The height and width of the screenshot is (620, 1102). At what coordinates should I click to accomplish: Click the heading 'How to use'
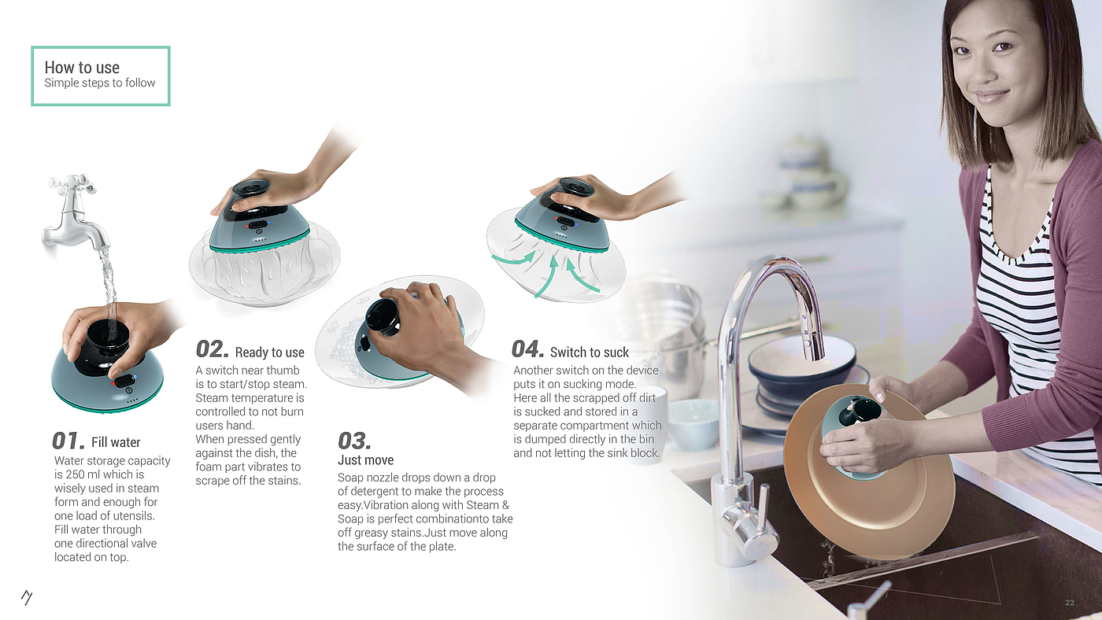click(x=82, y=68)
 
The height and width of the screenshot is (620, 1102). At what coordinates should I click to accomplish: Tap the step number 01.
click(x=68, y=441)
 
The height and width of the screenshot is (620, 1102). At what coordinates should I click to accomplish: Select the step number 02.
click(x=212, y=349)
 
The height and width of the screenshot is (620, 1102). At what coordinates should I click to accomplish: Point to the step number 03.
click(x=354, y=441)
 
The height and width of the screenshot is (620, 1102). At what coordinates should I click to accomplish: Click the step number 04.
click(x=527, y=349)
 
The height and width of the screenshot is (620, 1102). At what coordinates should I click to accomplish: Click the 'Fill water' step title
click(x=116, y=442)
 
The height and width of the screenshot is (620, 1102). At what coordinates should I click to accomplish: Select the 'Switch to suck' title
click(x=590, y=352)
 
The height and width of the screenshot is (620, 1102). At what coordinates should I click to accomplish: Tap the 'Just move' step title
click(x=365, y=459)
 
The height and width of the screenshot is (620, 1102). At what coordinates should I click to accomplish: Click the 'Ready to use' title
click(x=269, y=352)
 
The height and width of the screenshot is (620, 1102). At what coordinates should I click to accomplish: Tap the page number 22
click(x=1070, y=603)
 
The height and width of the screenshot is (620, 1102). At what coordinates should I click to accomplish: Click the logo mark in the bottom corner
click(x=27, y=597)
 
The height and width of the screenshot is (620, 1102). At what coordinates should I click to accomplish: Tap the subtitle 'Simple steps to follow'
click(x=100, y=83)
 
